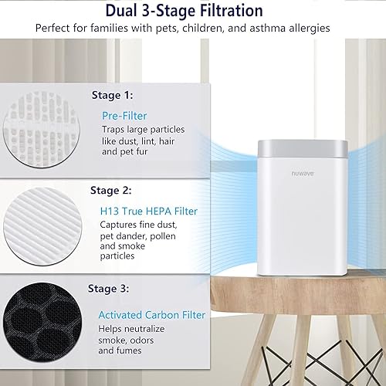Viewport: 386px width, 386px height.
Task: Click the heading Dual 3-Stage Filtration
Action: point(193,10)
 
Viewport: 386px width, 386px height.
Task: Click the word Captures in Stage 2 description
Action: point(119,225)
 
